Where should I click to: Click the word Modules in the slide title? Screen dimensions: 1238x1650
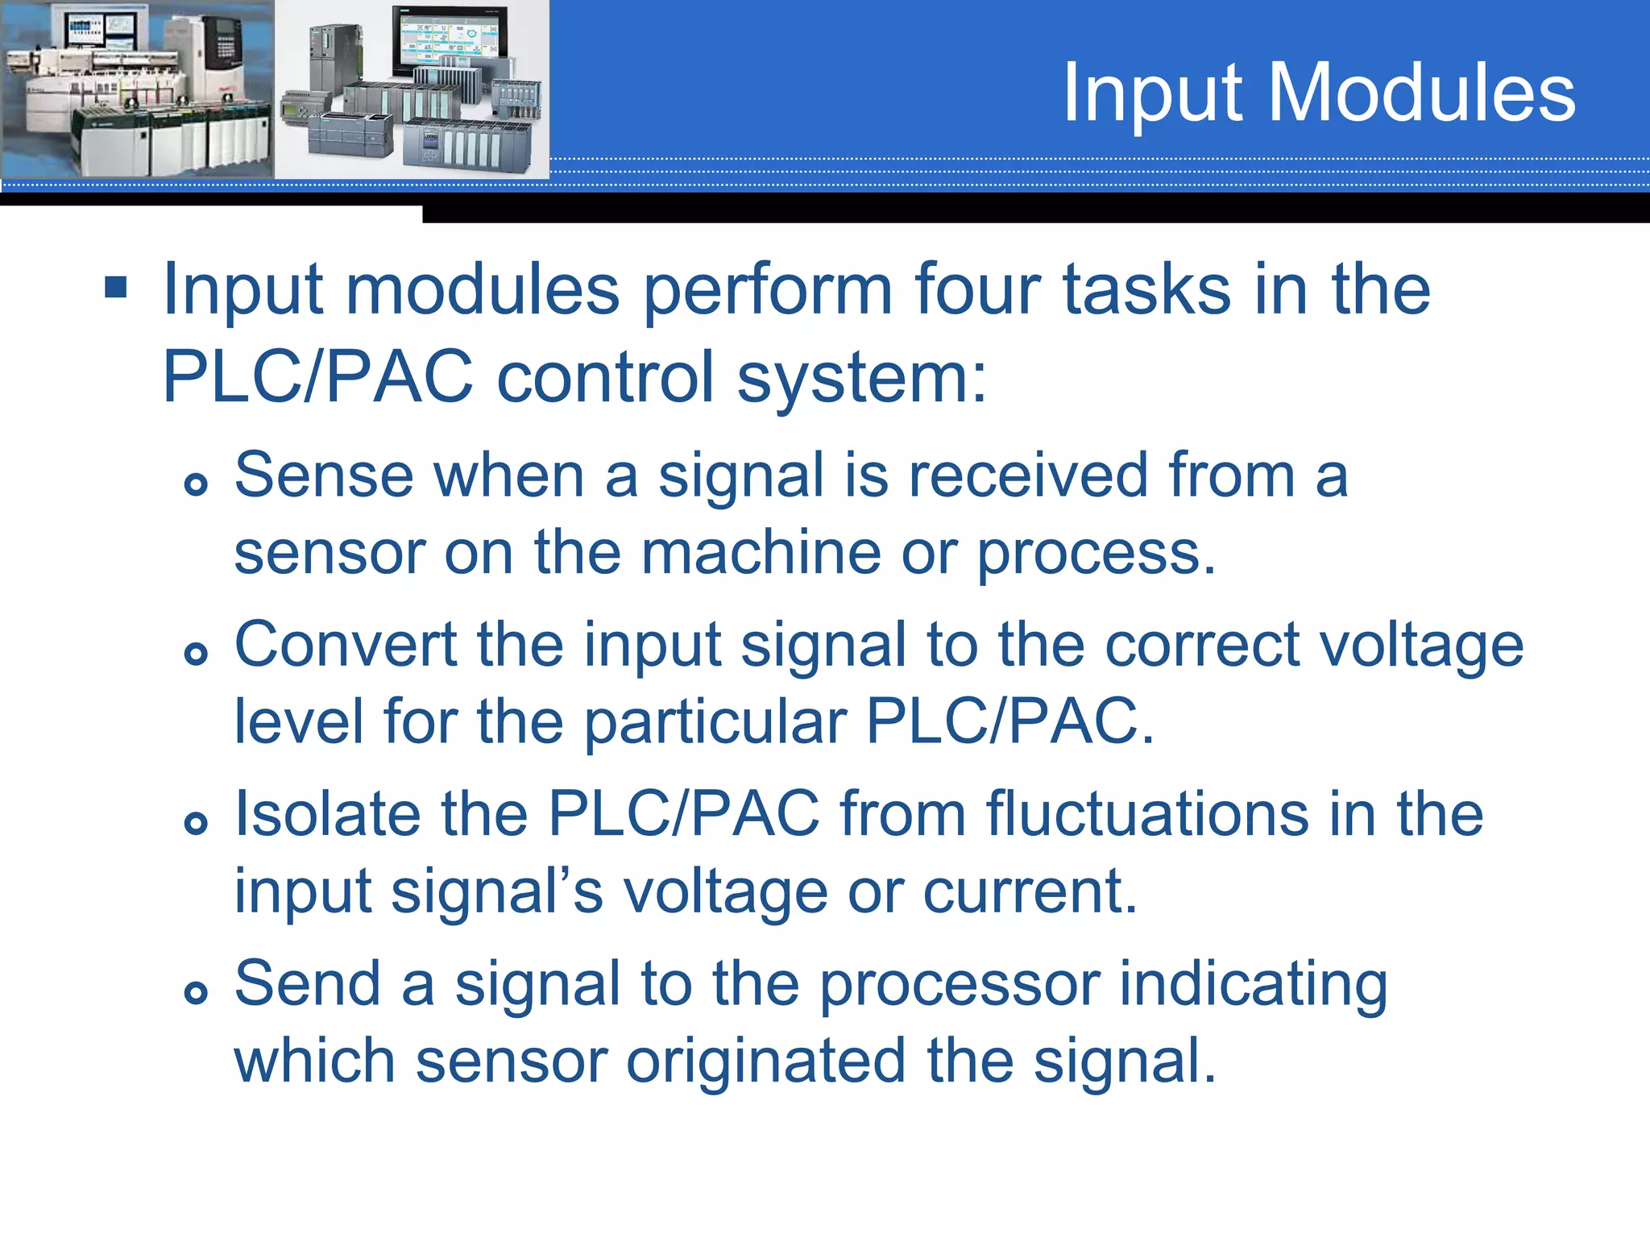coord(1421,93)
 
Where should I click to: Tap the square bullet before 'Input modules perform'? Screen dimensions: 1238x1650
coord(116,287)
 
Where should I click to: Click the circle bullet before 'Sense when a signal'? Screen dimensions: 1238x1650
coord(196,484)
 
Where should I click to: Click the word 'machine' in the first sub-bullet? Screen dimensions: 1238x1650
coord(761,553)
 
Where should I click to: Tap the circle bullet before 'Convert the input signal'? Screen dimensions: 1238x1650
coord(196,653)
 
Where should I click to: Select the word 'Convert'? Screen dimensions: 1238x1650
coord(346,645)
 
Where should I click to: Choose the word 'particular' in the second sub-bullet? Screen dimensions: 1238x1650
coord(715,722)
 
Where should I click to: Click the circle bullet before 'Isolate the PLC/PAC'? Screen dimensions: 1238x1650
coord(196,823)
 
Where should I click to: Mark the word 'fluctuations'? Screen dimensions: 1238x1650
coord(1147,814)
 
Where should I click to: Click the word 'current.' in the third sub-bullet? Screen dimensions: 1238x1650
coord(1030,891)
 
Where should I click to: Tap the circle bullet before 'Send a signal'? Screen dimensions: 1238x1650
coord(196,992)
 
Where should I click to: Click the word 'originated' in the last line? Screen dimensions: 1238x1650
coord(765,1061)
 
